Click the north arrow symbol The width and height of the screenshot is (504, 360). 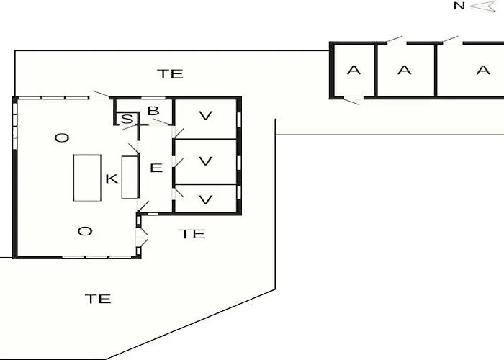(483, 6)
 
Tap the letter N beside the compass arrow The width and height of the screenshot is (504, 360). (459, 6)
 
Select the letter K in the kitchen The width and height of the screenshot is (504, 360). (112, 179)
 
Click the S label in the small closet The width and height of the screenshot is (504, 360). (127, 120)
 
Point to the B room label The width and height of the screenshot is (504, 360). (153, 111)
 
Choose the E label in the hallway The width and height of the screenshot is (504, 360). (156, 168)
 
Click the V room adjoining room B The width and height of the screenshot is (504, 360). (206, 119)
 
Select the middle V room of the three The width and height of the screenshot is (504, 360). (206, 162)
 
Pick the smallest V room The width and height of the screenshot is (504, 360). (206, 199)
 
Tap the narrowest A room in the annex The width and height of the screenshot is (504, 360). (354, 70)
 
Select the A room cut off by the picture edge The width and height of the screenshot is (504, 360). (471, 70)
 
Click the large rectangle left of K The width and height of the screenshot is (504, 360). (87, 178)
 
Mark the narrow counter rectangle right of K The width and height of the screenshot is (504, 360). (130, 177)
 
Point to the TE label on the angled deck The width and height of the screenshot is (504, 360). (99, 299)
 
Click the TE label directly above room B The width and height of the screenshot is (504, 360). (171, 74)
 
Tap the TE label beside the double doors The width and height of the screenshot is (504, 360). (192, 234)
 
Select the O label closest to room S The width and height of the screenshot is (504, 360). (62, 138)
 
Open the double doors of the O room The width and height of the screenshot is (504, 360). (141, 237)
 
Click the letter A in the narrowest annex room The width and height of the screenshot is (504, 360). (354, 70)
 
